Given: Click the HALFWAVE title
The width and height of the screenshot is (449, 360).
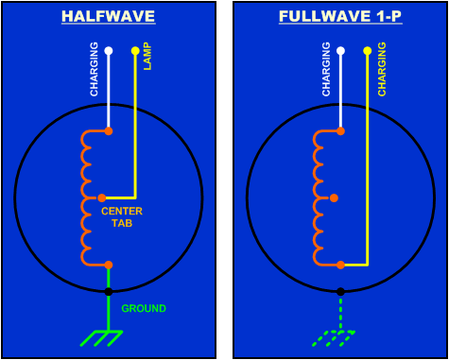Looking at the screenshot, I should click(x=108, y=16).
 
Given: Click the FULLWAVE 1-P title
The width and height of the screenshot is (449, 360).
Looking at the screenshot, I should click(x=339, y=16).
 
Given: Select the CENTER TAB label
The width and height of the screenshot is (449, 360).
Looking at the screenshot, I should click(x=122, y=216).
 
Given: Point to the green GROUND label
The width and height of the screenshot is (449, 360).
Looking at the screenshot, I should click(x=144, y=308).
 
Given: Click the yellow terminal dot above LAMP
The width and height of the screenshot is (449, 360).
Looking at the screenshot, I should click(x=135, y=50).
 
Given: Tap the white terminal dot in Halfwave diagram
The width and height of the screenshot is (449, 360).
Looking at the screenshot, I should click(x=109, y=50).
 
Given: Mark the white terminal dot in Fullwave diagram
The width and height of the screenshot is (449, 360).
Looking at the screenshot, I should click(x=340, y=50).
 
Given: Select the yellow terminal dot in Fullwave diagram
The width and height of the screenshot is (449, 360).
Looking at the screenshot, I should click(x=367, y=50).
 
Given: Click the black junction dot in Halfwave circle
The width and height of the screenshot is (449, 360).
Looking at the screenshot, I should click(x=109, y=291).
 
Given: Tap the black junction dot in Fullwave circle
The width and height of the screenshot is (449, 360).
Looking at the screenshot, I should click(x=340, y=291).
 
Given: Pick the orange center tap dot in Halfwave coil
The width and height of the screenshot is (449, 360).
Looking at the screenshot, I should click(x=102, y=197).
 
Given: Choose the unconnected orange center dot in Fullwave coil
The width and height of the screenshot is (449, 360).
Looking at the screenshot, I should click(x=334, y=197).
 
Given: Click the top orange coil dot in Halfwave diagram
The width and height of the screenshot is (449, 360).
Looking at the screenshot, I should click(x=109, y=130).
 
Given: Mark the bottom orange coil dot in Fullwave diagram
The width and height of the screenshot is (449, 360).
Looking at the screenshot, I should click(x=340, y=265).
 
